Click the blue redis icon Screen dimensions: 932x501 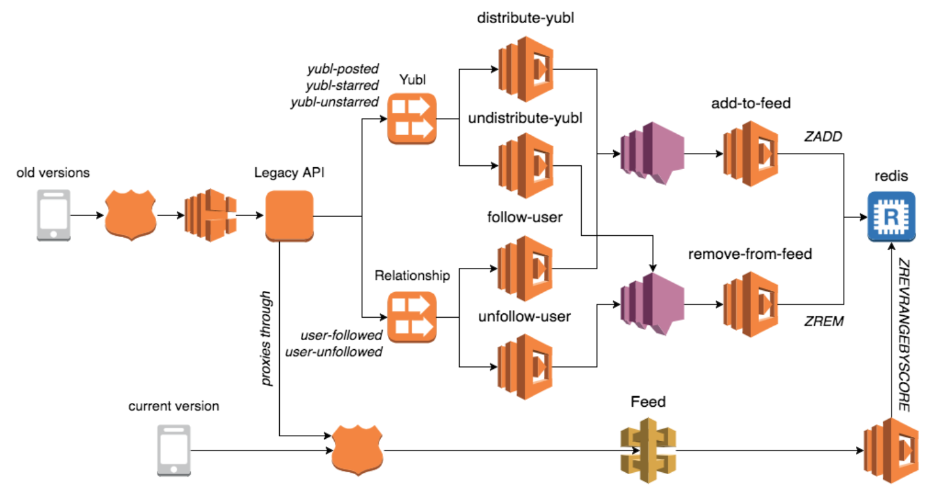(891, 217)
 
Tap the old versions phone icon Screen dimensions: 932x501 (53, 215)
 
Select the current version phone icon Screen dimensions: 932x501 (174, 450)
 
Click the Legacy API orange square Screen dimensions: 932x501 (289, 216)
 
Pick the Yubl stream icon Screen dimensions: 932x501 (412, 119)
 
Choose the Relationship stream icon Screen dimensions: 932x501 (412, 317)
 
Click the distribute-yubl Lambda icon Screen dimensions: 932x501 (526, 69)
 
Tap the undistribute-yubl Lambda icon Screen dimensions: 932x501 (526, 165)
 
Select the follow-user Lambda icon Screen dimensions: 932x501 (525, 268)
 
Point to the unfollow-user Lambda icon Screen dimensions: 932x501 (525, 367)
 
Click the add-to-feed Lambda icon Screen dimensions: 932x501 (750, 154)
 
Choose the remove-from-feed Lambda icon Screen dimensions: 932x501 (750, 304)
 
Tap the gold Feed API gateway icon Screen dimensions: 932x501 (648, 450)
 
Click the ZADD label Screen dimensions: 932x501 (823, 136)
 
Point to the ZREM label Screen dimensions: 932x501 (824, 321)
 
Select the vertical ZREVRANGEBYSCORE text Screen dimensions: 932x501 (904, 335)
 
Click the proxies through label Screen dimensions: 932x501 (266, 338)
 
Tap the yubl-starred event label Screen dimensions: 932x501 (342, 85)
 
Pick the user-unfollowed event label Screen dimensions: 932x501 (333, 352)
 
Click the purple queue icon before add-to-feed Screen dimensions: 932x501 (652, 153)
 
